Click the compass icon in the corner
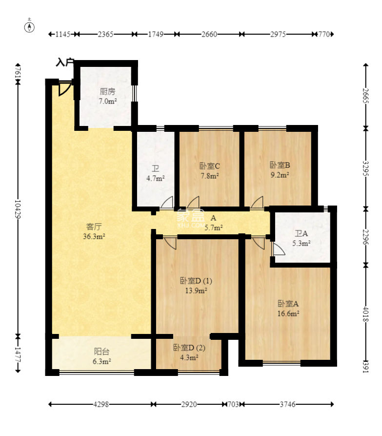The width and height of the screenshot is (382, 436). point(29,27)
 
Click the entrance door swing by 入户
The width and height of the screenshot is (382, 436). point(64,88)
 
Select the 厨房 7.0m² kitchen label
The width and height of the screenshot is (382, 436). point(107,96)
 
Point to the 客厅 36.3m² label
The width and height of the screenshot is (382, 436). point(94,231)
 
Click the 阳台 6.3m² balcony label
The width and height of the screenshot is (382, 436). point(101,356)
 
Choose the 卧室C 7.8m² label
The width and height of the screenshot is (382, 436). point(210,171)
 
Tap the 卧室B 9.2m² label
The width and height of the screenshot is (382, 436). point(280,170)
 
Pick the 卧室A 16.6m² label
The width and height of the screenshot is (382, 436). point(288,309)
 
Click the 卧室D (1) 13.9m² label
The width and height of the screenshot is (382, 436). point(196,286)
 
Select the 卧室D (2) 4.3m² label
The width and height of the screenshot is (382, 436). point(189,353)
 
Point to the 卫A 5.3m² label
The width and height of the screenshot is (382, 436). point(301,238)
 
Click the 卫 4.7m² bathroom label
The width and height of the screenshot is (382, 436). point(156,173)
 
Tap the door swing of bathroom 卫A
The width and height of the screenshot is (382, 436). point(279,249)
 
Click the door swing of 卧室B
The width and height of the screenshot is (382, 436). point(257,202)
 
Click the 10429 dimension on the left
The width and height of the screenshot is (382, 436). point(18,209)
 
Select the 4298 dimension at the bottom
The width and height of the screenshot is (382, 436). point(101,404)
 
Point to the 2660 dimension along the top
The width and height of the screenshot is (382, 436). point(209,34)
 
